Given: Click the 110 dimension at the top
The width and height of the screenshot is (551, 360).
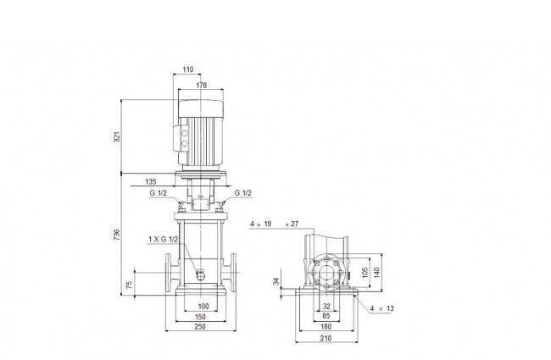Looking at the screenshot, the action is tap(188, 69).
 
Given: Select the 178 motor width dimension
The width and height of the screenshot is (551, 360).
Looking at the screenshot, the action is tap(202, 86).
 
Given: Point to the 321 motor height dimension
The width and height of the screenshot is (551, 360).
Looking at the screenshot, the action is tap(117, 136).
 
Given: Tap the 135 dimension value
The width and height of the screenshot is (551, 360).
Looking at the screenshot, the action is tap(150, 182).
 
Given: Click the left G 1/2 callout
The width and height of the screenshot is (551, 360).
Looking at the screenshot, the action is tap(159, 193).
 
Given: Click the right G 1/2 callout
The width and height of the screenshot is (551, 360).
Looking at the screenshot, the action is tap(243, 193).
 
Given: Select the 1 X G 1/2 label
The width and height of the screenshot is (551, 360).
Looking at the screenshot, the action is tap(163, 240).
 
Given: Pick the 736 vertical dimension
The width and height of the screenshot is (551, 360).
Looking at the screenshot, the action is tap(117, 235).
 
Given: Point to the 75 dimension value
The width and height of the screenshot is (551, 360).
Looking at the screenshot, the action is tap(130, 285).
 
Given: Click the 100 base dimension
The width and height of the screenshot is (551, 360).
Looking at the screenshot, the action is tap(203, 307).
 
